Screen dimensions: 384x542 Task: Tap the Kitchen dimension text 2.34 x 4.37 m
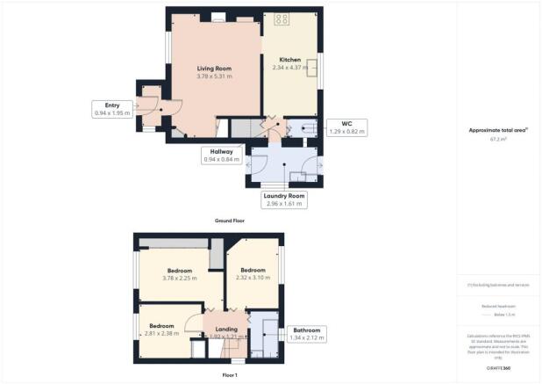click(x=290, y=68)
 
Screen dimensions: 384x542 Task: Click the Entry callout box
click(x=111, y=109)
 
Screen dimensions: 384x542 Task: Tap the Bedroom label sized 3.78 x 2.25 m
click(x=181, y=274)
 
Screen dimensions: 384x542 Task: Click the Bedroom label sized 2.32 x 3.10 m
click(x=253, y=273)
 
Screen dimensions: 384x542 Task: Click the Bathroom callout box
click(x=307, y=334)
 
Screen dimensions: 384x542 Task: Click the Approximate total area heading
click(x=500, y=129)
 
